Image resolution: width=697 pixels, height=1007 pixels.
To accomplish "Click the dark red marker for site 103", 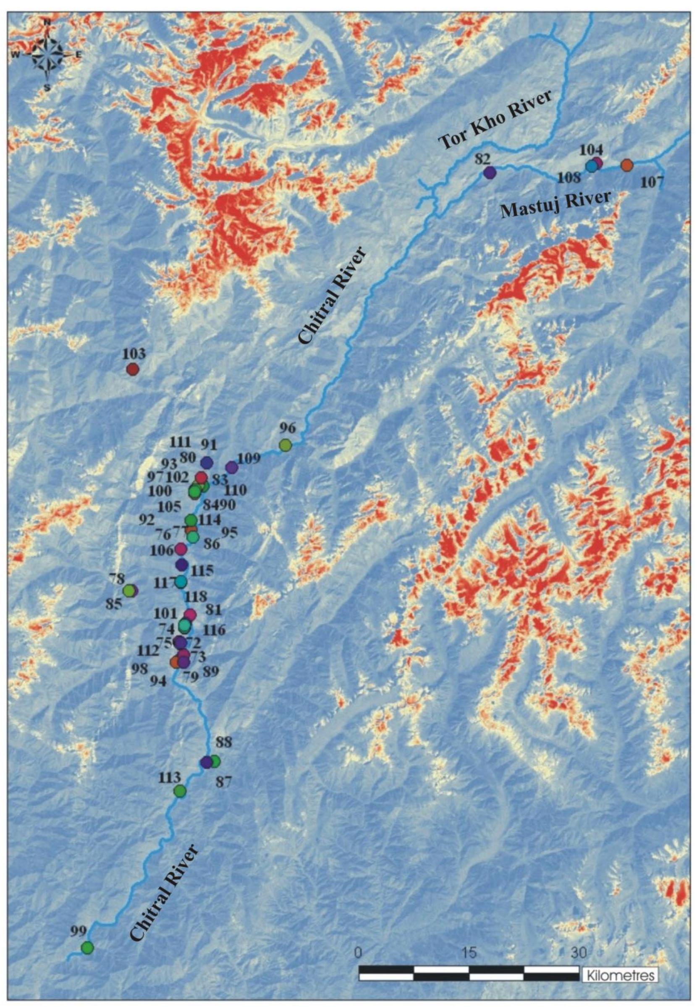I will (x=133, y=369).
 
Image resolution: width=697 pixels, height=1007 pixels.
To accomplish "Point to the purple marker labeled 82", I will (x=490, y=173).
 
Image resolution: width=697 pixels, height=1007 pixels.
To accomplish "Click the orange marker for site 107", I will (x=627, y=165).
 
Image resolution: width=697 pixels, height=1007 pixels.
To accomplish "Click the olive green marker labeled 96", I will (x=285, y=445).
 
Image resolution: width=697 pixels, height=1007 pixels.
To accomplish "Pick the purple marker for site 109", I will (x=231, y=468).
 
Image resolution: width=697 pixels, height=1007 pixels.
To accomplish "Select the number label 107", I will (x=652, y=182).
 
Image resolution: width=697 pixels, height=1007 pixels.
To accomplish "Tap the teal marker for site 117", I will (x=181, y=582).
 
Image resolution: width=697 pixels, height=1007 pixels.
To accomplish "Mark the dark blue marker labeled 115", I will (x=182, y=565).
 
